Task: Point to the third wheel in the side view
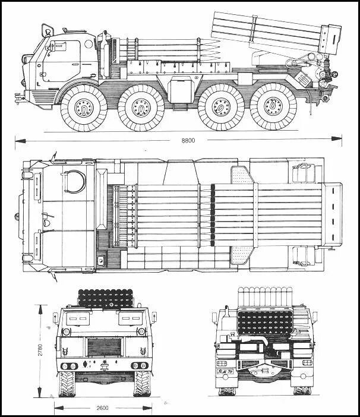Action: tap(222, 109)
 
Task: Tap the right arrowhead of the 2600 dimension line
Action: tap(146, 408)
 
